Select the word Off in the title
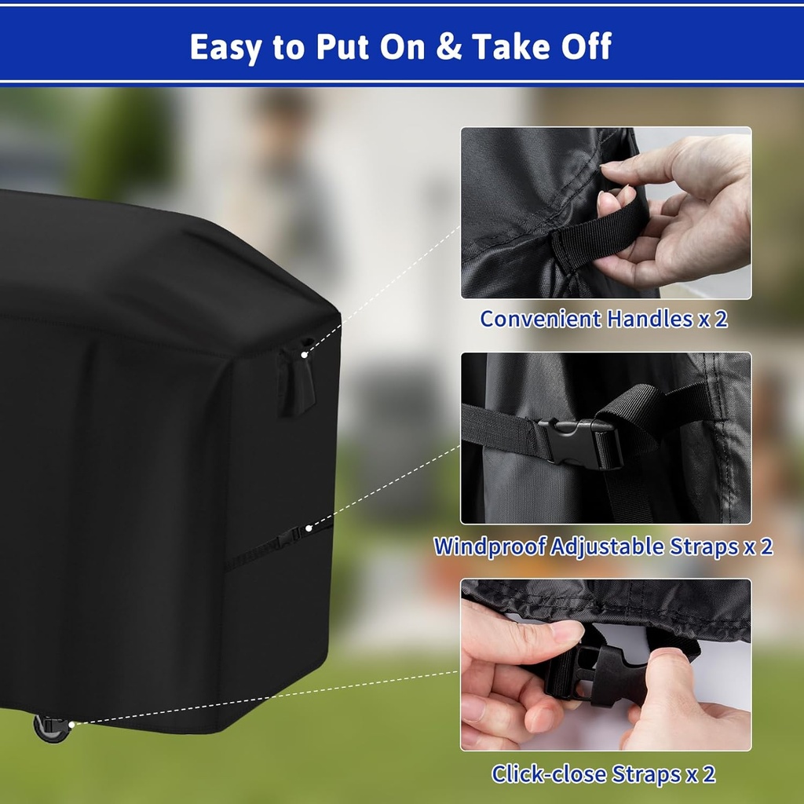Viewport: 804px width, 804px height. coord(584,47)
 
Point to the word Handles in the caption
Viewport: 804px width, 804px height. coord(650,320)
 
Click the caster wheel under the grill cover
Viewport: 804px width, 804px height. coord(51,728)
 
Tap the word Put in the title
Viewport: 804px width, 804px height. coord(342,47)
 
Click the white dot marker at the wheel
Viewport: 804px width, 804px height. coord(71,724)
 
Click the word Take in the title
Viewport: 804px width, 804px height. coord(514,47)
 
